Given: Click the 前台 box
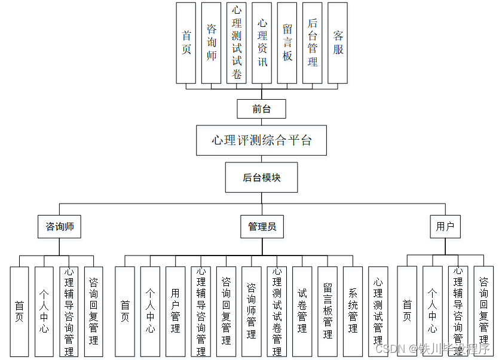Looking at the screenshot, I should point(261,109).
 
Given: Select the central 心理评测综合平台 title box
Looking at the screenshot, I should point(262,141).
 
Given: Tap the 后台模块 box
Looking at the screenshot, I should point(261,178).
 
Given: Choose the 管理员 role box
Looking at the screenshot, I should point(262,227).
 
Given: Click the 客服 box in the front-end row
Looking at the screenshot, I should point(338,43).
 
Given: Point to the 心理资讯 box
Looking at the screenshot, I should point(262,43).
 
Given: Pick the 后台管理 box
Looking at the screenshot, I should point(313,43).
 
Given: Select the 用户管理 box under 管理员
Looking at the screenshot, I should point(175,310).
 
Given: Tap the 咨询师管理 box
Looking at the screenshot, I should point(251,310).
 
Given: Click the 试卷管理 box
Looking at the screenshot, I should point(302,310).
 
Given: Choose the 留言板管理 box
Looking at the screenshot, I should point(327,310).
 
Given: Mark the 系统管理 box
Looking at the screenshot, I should point(353,310).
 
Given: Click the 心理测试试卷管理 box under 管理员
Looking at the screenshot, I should point(277,310).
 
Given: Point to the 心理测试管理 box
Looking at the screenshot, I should point(378,310).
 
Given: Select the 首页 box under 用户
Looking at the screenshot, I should point(407,310).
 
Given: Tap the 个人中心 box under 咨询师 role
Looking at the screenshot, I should point(44,310).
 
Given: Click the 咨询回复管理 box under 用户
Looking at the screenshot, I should point(483,310).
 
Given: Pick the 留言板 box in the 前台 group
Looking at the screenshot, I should point(287,43).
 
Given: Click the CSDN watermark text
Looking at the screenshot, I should point(388,348).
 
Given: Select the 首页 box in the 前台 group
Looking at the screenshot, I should point(186,43).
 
